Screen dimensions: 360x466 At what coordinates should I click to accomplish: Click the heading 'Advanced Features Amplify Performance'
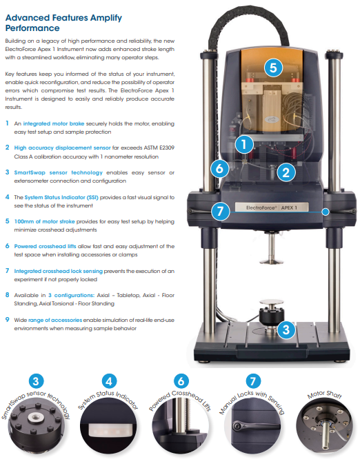click(x=63, y=23)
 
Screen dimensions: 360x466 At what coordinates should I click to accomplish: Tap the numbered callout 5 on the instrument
click(x=273, y=68)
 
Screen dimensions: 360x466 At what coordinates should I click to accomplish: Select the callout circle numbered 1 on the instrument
click(x=244, y=145)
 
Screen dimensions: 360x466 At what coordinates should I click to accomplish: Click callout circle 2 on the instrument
click(x=286, y=172)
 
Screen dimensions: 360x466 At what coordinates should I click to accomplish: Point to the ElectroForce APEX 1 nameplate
click(x=272, y=207)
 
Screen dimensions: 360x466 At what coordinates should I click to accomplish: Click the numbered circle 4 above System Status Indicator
click(x=109, y=381)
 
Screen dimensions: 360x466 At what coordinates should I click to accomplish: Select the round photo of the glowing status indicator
click(x=109, y=426)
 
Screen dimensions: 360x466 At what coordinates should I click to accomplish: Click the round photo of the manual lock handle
click(x=252, y=426)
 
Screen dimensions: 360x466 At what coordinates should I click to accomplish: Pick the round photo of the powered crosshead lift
click(x=181, y=426)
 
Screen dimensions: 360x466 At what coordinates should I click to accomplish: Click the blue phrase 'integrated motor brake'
click(x=54, y=123)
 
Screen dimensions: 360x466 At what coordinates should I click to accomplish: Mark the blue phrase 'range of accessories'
click(x=55, y=320)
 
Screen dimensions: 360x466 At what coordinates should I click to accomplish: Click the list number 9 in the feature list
click(x=8, y=320)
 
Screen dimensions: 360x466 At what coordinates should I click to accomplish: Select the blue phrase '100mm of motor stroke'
click(x=45, y=221)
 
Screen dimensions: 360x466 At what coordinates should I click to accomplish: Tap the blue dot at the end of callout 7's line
click(x=326, y=212)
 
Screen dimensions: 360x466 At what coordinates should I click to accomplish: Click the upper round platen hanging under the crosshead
click(x=272, y=261)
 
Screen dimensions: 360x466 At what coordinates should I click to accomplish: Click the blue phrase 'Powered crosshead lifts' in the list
click(x=46, y=246)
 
